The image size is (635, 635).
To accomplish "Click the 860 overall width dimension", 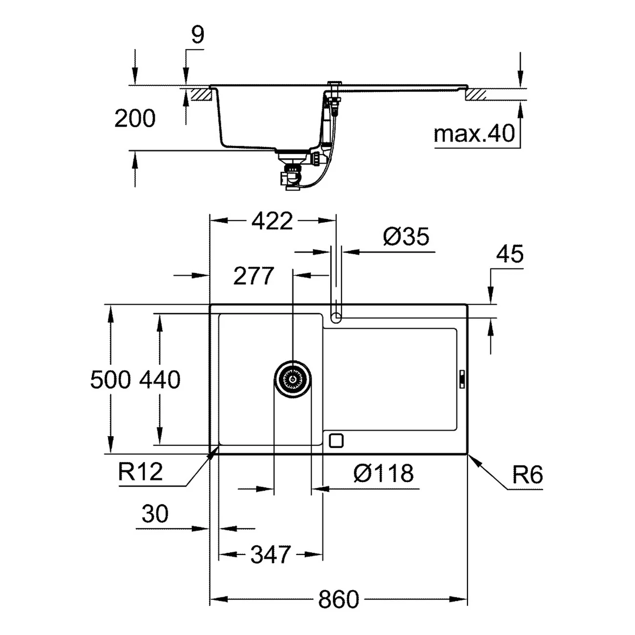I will (338, 599).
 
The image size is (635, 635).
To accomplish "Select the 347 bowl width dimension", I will (270, 554).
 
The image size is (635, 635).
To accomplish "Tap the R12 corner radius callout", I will (140, 472).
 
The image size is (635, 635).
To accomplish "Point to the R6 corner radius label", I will (528, 474).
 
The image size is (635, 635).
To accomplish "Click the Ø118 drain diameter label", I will (383, 473).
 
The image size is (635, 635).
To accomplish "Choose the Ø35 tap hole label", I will (406, 237).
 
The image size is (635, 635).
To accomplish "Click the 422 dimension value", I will (272, 221).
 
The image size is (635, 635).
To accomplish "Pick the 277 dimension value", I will (253, 276).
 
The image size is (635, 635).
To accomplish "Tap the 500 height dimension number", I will (110, 380).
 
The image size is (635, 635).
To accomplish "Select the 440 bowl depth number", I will (160, 380).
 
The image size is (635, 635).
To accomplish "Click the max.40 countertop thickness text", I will (474, 133).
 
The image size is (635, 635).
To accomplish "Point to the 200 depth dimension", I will (135, 118).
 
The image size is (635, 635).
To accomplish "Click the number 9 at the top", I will (197, 35).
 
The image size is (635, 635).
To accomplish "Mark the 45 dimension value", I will (509, 254).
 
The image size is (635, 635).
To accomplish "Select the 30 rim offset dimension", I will (155, 514).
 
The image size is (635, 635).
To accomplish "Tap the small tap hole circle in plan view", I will (336, 318).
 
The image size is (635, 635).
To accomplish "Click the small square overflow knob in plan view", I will (337, 441).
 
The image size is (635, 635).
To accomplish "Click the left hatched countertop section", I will (200, 94).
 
